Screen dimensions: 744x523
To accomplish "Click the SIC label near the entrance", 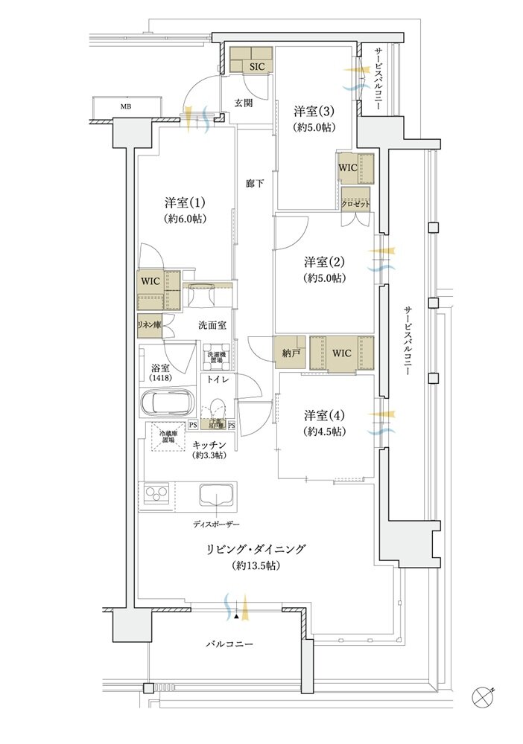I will coord(256,66).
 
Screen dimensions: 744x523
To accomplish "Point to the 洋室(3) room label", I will coord(313,112).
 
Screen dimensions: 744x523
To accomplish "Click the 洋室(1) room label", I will coord(185,202).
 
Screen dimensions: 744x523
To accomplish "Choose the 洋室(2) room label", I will coord(324,262).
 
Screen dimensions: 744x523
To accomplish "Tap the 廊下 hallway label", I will coord(255,183).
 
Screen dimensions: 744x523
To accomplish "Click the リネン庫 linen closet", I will coord(148,325).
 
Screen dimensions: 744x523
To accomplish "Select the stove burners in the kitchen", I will coord(158,495).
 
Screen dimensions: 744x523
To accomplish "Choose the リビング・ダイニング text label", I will coord(256,550).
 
